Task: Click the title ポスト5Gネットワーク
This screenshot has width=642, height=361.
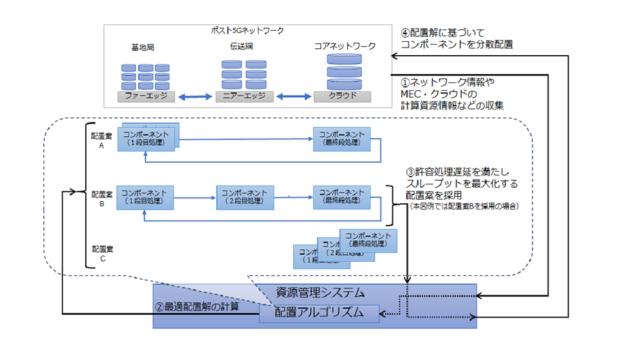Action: click(247, 31)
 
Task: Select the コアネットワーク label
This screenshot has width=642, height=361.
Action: click(344, 47)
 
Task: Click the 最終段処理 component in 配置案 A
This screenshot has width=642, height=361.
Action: click(342, 138)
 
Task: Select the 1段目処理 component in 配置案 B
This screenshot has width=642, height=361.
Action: click(146, 197)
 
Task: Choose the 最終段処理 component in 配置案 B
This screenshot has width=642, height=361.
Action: click(342, 197)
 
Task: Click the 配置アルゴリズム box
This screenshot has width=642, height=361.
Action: click(318, 313)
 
